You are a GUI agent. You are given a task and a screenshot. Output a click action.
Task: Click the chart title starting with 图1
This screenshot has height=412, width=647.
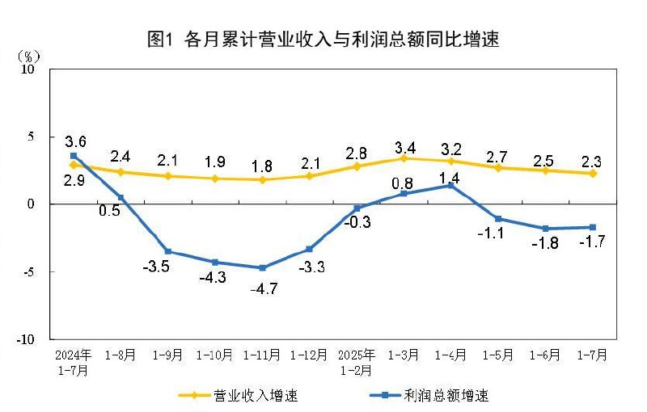point(323,39)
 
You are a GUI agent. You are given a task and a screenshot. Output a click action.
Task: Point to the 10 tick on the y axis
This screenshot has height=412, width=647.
point(29,69)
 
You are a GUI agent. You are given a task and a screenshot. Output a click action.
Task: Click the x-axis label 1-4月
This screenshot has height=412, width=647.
point(451,355)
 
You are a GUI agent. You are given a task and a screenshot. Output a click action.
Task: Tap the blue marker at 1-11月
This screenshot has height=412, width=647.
point(262,267)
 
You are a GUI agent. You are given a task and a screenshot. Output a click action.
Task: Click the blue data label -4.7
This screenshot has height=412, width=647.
point(262,288)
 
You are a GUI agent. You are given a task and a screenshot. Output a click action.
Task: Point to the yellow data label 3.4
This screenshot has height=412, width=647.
point(404,148)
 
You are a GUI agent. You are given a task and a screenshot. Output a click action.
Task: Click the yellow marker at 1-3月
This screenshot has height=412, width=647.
point(404,158)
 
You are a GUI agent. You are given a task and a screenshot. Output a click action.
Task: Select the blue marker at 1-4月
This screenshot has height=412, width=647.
point(451,186)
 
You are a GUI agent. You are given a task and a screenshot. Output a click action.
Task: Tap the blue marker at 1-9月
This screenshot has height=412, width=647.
point(168,251)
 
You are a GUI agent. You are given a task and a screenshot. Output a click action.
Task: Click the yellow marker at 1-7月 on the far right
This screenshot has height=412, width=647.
point(593,173)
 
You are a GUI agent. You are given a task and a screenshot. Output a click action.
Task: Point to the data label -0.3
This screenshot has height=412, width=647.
point(357,222)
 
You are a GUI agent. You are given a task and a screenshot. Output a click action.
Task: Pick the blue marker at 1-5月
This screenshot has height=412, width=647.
point(498,219)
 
